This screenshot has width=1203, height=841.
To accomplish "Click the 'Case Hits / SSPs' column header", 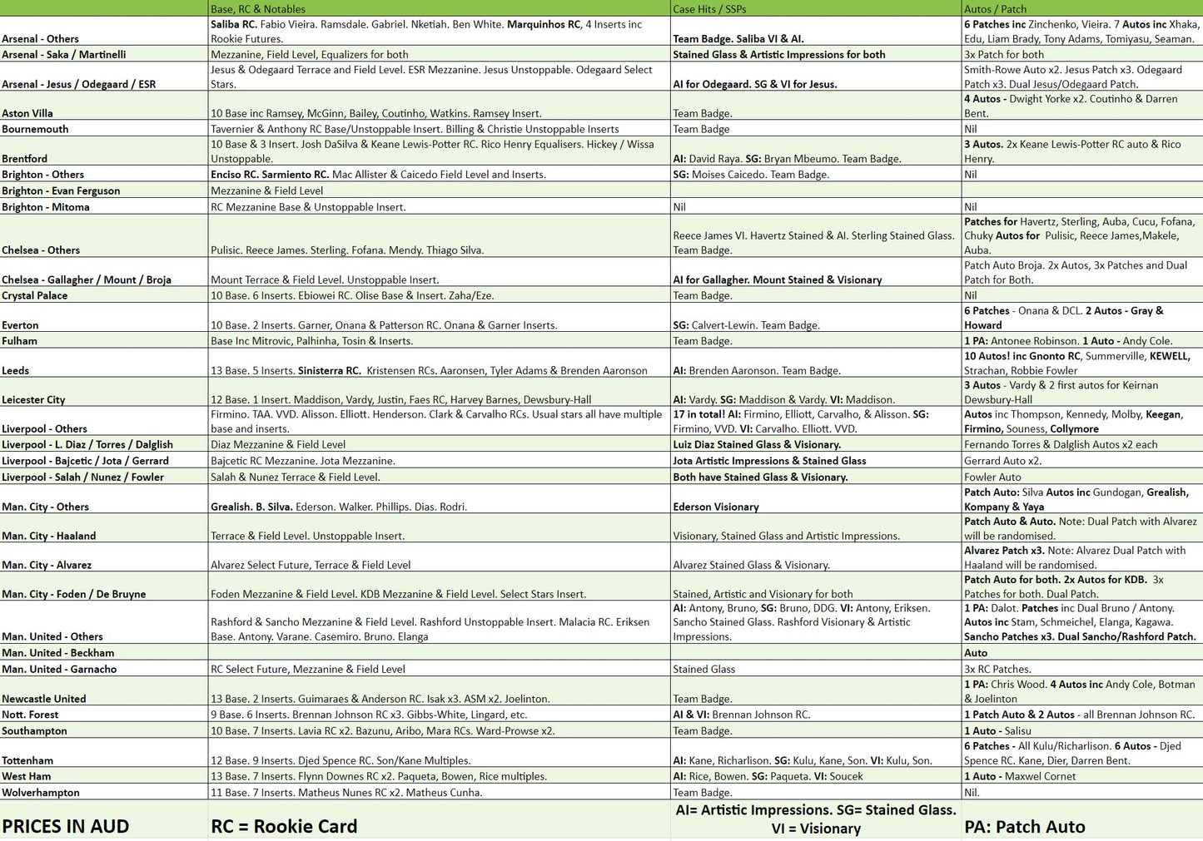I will tap(709, 9).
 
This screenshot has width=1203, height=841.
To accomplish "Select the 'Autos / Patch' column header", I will tap(995, 9).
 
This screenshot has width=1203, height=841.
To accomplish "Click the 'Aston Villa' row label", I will tap(27, 114).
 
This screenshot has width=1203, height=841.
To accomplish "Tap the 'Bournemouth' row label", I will tap(35, 130).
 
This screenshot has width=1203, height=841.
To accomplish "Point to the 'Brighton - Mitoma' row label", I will tap(46, 207).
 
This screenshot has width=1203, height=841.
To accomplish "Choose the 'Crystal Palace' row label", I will tap(35, 296).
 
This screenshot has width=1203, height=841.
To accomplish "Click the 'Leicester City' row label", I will tap(33, 400).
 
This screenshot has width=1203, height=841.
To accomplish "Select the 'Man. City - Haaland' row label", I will tap(49, 537).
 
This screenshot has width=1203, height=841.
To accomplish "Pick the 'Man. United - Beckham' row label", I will tap(58, 654).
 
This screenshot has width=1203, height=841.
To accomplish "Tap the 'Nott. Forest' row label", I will tap(30, 715).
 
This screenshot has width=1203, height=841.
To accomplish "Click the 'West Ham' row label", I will tap(27, 777).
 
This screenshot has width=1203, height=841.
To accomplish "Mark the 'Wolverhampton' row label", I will tap(41, 794).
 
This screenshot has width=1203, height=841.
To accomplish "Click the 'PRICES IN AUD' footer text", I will tap(66, 827).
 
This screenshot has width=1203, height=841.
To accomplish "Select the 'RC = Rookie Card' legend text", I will tap(284, 827).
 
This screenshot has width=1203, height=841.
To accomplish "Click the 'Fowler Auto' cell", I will tap(992, 477).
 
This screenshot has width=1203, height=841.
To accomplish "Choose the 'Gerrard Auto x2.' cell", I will tap(1002, 462).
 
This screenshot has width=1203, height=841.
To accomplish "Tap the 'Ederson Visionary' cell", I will tap(716, 507).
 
